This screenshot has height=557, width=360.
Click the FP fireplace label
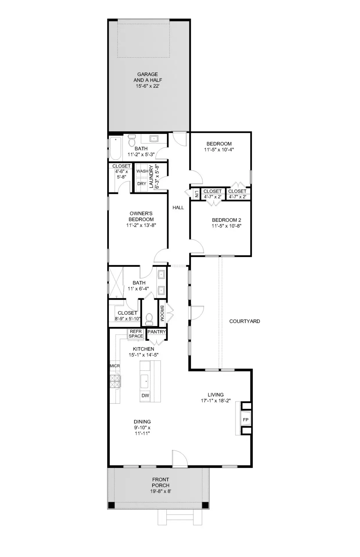click(x=245, y=420)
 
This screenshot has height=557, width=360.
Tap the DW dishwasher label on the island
click(x=145, y=395)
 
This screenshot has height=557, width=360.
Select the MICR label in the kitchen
click(x=115, y=366)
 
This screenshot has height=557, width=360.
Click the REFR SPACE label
click(x=136, y=334)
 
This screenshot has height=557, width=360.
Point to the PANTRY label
click(x=156, y=332)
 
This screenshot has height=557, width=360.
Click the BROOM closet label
click(x=162, y=313)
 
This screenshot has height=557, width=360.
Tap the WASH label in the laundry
click(x=142, y=171)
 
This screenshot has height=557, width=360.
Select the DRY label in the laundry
click(x=142, y=184)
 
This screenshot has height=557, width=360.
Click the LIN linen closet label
click(x=197, y=194)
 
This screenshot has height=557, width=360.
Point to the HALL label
click(x=178, y=207)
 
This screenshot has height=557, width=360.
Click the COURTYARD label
click(x=244, y=321)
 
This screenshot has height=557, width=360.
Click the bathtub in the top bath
click(x=115, y=149)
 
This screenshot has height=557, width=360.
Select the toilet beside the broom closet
click(x=149, y=319)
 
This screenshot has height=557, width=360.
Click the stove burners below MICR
click(x=115, y=381)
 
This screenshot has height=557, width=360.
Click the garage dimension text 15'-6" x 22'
click(x=147, y=86)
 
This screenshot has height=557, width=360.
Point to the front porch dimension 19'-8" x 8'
click(x=161, y=491)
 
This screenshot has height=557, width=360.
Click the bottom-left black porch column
click(x=111, y=505)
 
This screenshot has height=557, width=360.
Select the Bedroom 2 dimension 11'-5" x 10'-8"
click(x=226, y=226)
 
